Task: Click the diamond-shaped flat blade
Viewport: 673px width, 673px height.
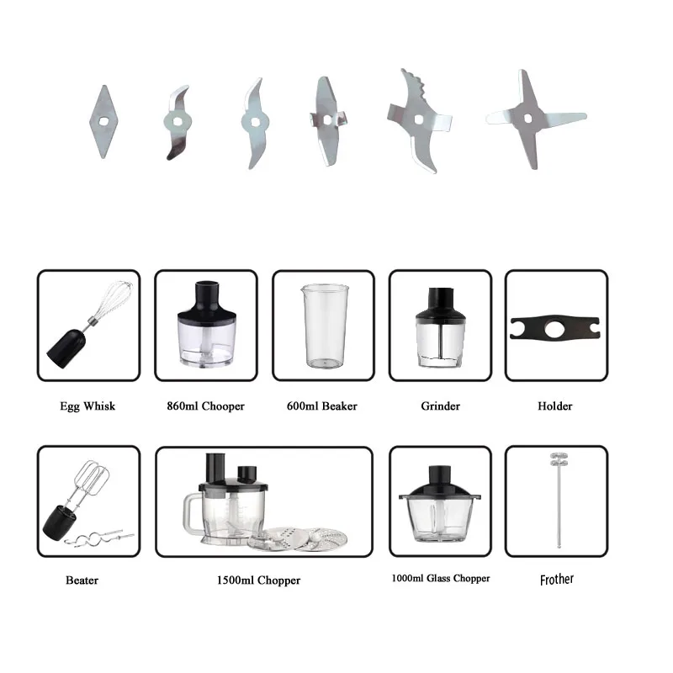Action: pos(102,121)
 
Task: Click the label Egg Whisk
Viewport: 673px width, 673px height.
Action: pos(87,406)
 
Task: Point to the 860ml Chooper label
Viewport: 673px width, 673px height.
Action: pos(205,406)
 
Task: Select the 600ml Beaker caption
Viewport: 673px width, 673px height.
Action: pos(322,406)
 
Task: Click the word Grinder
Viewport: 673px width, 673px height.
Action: pos(440,406)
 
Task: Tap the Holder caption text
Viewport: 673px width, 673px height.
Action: pos(554,406)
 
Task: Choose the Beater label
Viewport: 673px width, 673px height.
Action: pos(82,580)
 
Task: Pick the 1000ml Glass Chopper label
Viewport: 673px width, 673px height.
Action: pos(440,579)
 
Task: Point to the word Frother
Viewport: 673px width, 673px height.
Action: pos(556,580)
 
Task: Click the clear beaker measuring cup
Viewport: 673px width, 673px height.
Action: pos(322,326)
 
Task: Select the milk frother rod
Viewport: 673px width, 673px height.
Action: pos(556,505)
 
